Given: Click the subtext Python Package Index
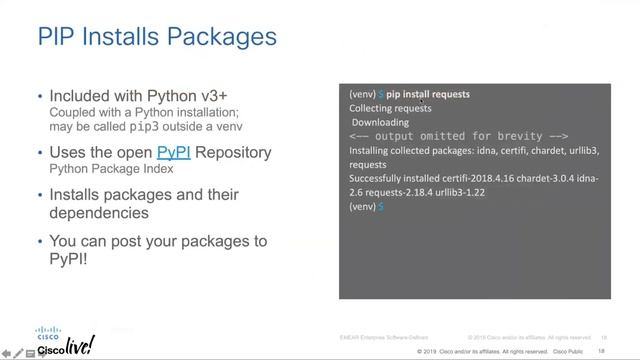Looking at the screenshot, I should [111, 170].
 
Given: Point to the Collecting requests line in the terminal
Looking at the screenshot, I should [390, 108].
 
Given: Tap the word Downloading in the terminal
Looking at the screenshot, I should [380, 122].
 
